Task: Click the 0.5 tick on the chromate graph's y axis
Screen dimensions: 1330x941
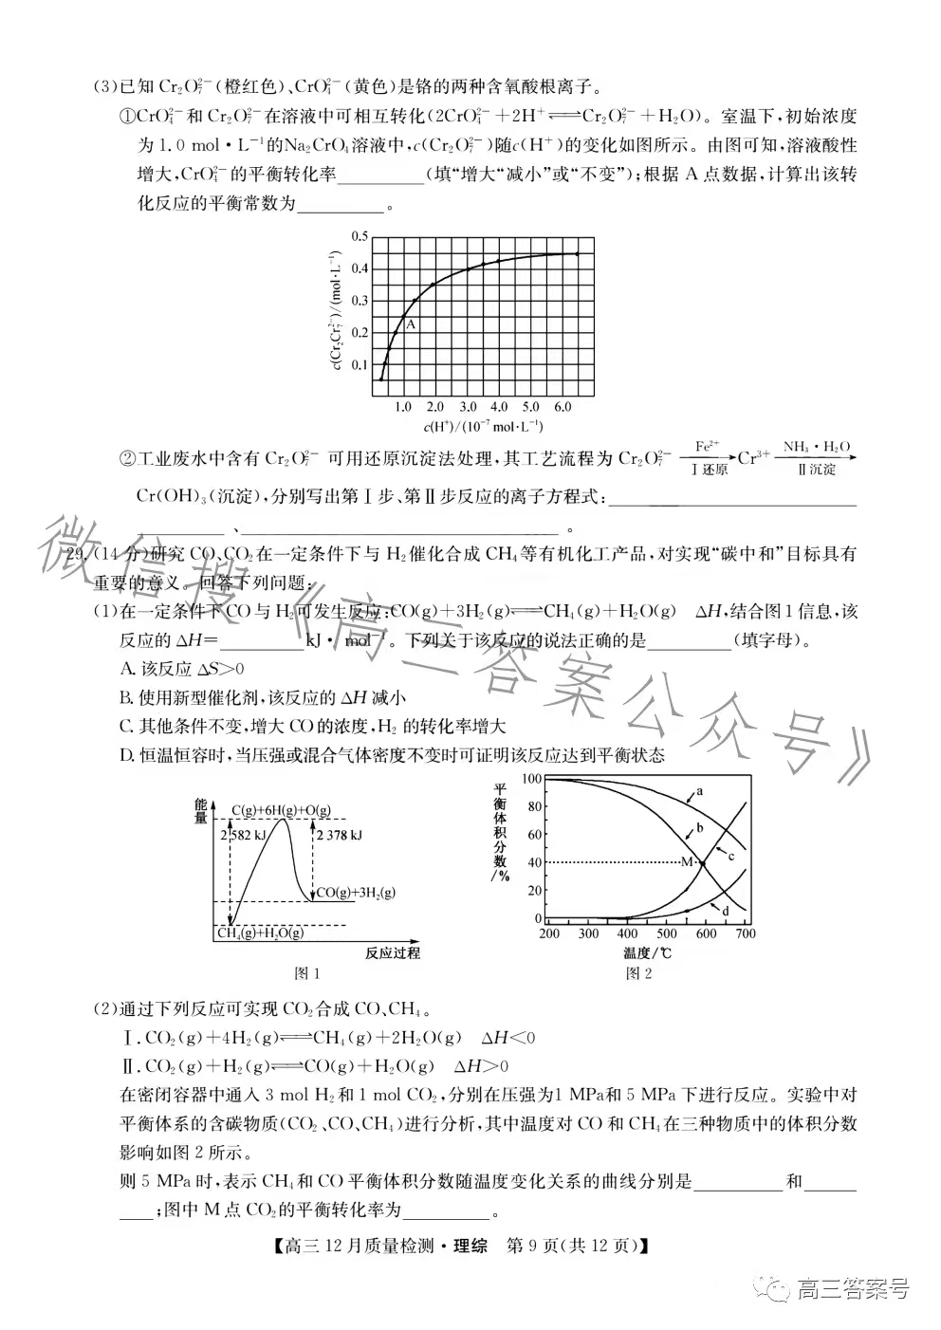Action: point(359,236)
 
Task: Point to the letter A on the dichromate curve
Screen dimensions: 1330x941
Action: point(411,324)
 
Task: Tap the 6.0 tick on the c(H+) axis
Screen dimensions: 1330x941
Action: point(562,407)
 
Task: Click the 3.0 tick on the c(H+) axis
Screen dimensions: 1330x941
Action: point(465,407)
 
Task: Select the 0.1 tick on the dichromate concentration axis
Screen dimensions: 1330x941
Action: point(359,364)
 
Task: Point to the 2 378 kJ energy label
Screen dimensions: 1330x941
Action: point(338,835)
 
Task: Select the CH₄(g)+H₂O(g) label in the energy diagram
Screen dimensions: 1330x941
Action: point(260,933)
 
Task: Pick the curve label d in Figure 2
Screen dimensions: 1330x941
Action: point(725,911)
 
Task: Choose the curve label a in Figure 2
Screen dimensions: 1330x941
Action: point(699,790)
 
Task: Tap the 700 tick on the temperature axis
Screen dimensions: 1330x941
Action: point(745,933)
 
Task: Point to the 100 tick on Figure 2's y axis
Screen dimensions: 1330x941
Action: point(531,779)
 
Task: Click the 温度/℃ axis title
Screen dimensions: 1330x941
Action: point(648,952)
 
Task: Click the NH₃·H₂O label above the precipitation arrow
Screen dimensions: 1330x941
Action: point(816,446)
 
